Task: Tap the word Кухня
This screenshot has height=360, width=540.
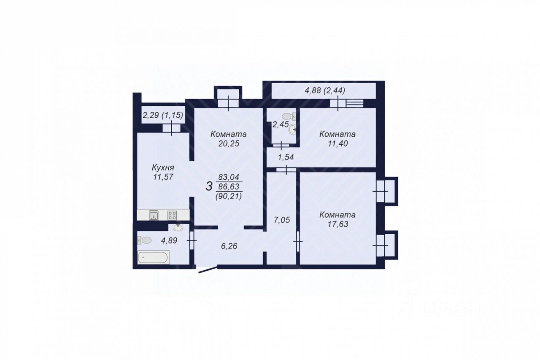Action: pos(162,168)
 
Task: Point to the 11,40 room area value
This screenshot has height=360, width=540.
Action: pos(337,143)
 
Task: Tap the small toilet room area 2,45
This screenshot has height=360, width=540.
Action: pos(280,124)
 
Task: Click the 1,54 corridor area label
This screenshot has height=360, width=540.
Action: pos(286,157)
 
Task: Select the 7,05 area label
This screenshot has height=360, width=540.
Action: pos(282,220)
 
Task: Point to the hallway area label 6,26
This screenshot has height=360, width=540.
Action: pos(229,246)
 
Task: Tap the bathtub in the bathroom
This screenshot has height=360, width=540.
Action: pos(154,257)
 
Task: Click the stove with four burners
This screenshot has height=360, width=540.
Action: pos(172,215)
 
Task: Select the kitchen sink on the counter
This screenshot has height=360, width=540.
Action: pos(154,216)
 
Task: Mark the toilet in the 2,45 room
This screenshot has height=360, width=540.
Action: pos(289,115)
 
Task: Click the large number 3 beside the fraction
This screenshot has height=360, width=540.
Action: pos(209,187)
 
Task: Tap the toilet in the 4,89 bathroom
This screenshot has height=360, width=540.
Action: pos(144,240)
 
